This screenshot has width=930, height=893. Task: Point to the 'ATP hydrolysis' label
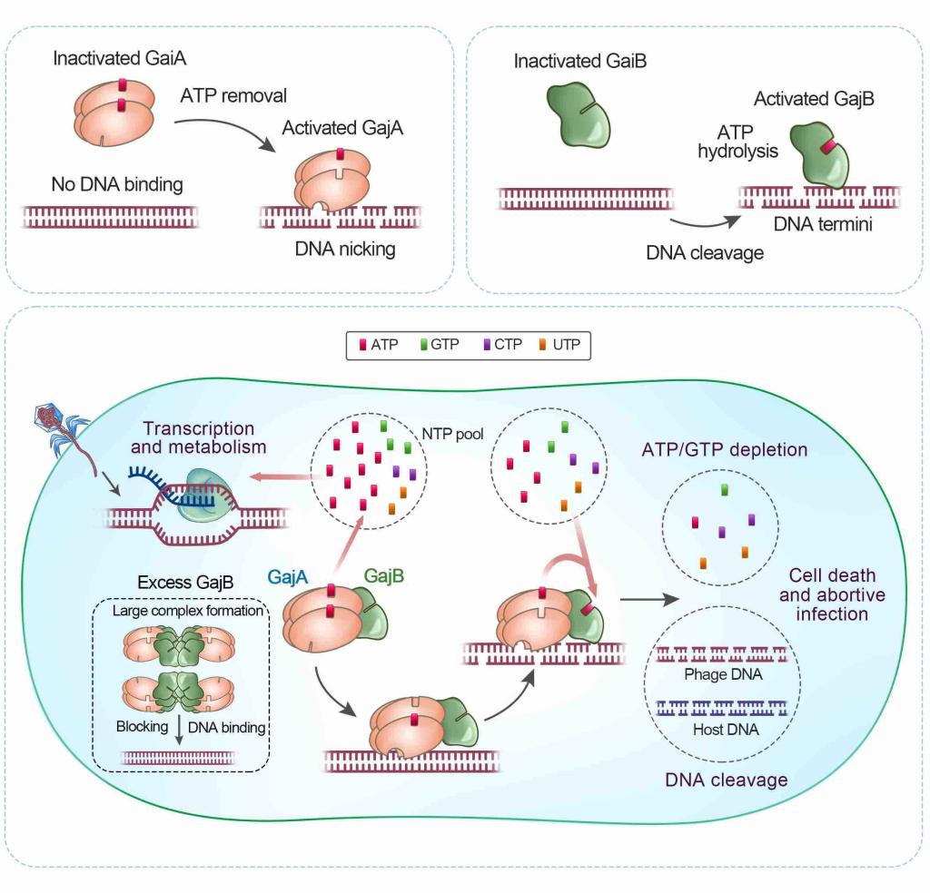point(737,142)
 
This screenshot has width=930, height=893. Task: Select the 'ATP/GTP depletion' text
point(724,449)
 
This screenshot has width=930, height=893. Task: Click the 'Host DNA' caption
point(712,728)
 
